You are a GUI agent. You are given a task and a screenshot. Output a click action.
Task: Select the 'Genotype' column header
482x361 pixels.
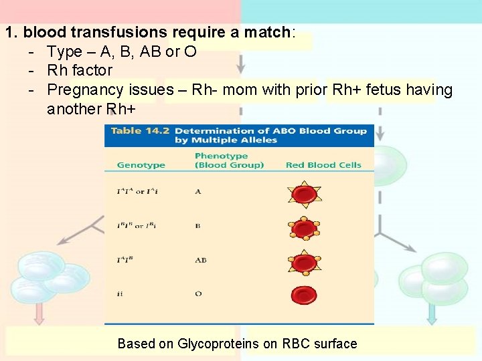[x=141, y=165]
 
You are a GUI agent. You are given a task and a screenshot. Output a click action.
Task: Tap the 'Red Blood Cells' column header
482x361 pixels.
[x=323, y=165]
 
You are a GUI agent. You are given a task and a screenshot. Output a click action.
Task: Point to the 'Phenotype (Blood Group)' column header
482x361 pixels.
[x=229, y=160]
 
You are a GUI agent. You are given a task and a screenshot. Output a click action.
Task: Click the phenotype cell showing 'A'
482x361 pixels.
[x=198, y=192]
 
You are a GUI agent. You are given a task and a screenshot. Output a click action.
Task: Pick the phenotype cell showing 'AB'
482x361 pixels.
[x=200, y=260]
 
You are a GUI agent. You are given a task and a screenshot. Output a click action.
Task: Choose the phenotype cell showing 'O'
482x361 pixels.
[x=198, y=293]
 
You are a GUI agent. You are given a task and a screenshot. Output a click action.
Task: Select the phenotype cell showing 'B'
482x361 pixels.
[x=198, y=226]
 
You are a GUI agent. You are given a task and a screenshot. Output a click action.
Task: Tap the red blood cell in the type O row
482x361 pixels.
[x=304, y=294]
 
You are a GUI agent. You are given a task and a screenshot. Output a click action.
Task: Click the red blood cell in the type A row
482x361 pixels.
[x=305, y=195]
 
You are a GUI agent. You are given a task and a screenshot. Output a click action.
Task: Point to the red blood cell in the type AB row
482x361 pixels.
[x=305, y=261]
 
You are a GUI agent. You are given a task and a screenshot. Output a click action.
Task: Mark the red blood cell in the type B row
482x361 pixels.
[x=305, y=229]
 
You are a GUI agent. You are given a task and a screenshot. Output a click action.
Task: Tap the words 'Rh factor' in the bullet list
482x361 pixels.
[x=80, y=70]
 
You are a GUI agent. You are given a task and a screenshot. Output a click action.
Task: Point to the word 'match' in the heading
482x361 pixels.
[x=270, y=31]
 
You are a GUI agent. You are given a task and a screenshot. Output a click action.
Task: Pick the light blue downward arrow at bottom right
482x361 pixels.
[x=431, y=312]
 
